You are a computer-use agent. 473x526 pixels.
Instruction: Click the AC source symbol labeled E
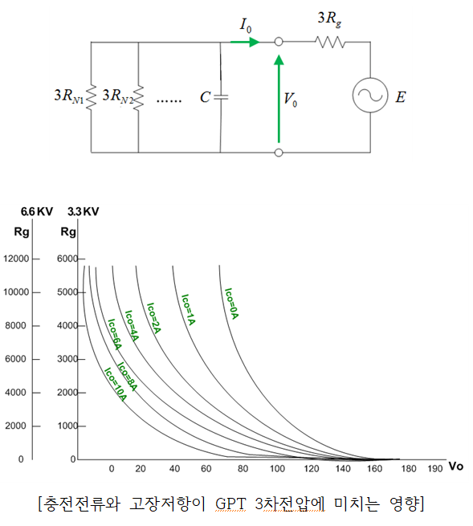coord(370,96)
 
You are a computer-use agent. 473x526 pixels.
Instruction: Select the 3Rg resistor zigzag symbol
coord(330,43)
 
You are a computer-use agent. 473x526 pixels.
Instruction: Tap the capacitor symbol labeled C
coord(221,97)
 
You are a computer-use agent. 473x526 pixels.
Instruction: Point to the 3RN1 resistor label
coord(69,96)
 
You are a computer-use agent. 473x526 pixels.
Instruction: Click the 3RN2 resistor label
coord(118,96)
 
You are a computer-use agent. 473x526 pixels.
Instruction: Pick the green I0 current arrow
coord(245,43)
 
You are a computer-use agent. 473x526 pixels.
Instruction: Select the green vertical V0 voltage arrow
coord(279,99)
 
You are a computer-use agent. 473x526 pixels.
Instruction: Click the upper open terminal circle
coord(279,42)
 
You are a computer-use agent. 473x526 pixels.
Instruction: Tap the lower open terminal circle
coord(279,153)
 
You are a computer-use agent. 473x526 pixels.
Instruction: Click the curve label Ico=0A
coord(231,304)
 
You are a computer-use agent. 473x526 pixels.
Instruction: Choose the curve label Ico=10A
coord(115,385)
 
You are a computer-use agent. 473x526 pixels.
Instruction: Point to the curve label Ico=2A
coord(154,318)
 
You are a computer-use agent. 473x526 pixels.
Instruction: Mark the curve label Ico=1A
coord(188,310)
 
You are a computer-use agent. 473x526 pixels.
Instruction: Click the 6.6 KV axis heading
coord(37,212)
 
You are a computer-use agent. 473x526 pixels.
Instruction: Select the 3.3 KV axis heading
coord(84,212)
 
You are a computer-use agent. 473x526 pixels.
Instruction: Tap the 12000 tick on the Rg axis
coord(16,259)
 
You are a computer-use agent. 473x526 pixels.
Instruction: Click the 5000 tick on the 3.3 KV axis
coord(67,292)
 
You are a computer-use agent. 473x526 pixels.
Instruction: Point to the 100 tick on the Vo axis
coord(277,469)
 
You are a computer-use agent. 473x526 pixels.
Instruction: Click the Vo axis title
coord(455,467)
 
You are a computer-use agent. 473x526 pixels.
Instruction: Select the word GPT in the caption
coord(230,504)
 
